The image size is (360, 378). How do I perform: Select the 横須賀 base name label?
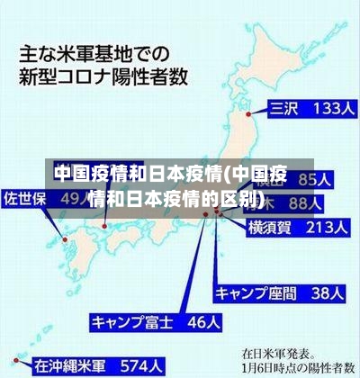(x=270, y=229)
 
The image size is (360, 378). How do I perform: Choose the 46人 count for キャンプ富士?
(x=193, y=320)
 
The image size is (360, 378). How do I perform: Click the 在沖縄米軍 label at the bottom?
(x=71, y=366)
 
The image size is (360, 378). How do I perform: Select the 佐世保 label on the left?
(x=25, y=197)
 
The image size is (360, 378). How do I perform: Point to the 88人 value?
(x=325, y=203)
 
